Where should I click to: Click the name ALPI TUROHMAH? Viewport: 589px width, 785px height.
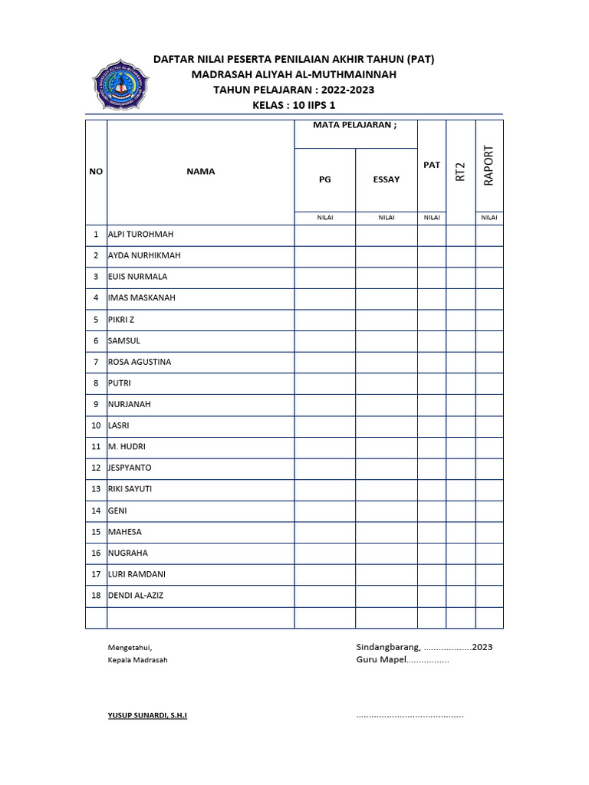[141, 235]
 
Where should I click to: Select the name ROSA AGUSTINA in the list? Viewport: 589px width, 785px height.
[140, 362]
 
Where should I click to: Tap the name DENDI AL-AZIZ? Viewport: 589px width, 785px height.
[136, 596]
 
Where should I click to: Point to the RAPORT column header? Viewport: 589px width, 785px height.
[489, 164]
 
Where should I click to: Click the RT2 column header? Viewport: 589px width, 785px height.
[460, 172]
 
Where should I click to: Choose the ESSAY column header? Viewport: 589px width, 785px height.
[386, 179]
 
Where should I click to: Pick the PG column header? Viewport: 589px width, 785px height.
[325, 179]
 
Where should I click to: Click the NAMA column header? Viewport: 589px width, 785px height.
[200, 172]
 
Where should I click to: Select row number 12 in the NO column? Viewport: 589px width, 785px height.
[96, 468]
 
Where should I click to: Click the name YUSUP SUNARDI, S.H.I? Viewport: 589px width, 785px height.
[147, 715]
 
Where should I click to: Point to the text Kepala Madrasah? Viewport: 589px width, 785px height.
[137, 660]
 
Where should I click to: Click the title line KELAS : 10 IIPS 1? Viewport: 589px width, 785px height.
[294, 105]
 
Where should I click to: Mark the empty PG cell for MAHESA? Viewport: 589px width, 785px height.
[325, 532]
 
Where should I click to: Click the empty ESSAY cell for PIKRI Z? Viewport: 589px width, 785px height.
[386, 320]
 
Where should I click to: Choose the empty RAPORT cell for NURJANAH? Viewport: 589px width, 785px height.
[489, 404]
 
